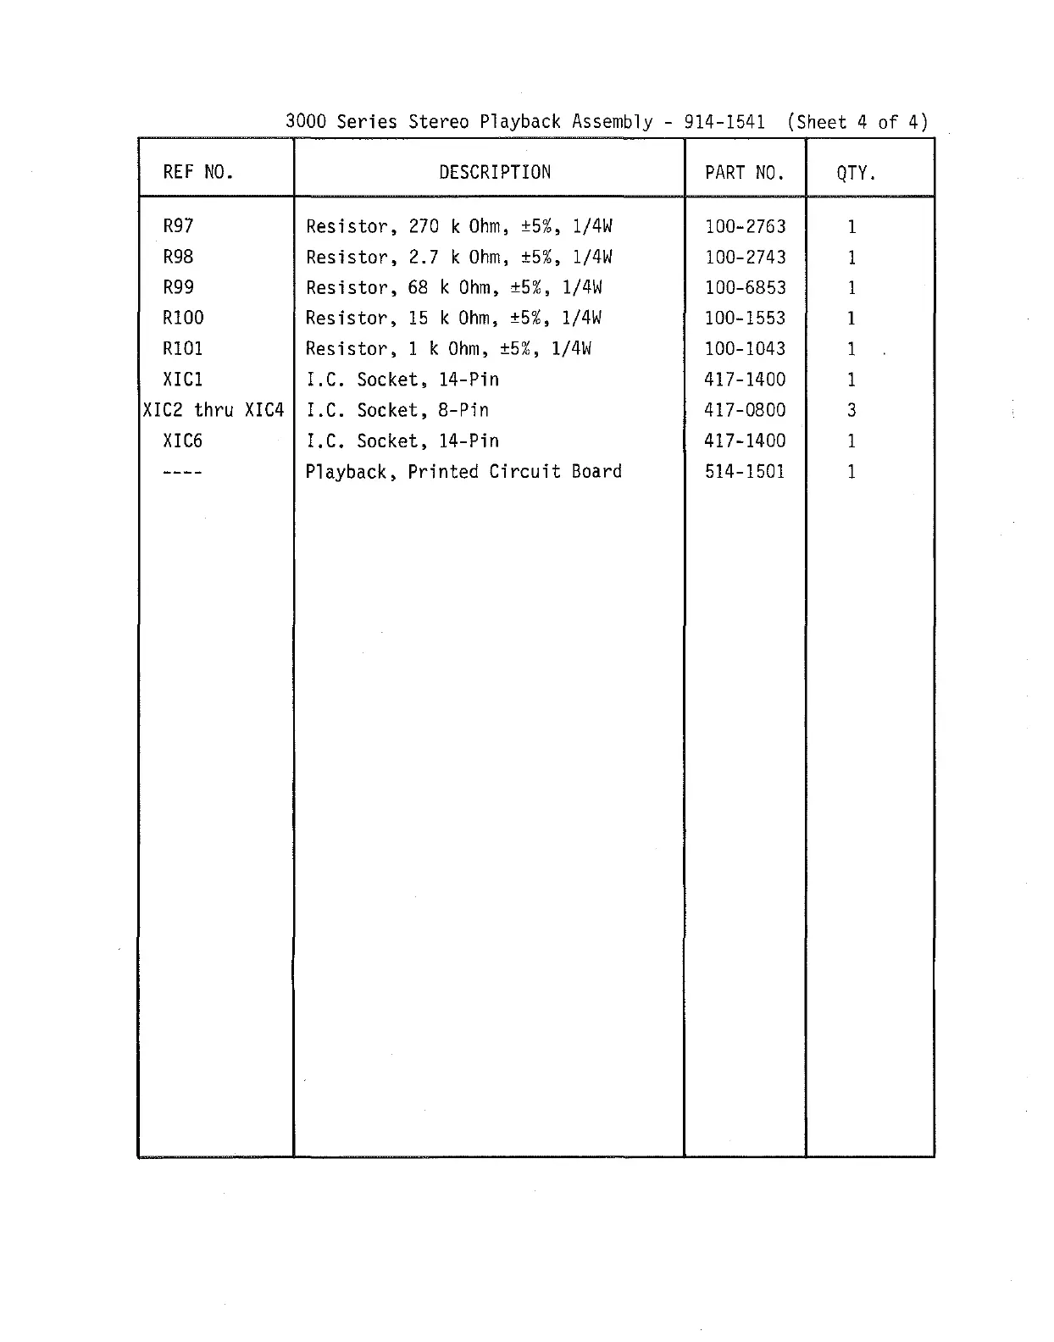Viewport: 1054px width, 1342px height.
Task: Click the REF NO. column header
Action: pyautogui.click(x=198, y=172)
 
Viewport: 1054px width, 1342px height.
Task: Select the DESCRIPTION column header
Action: pyautogui.click(x=495, y=172)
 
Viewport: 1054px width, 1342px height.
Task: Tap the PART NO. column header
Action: pyautogui.click(x=744, y=173)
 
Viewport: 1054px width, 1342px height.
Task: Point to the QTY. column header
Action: pyautogui.click(x=856, y=173)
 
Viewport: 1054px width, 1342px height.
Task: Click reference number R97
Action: pyautogui.click(x=178, y=226)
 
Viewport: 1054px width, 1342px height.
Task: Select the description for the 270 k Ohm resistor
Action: pyautogui.click(x=458, y=226)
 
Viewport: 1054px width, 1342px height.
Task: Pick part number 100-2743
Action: pyautogui.click(x=745, y=257)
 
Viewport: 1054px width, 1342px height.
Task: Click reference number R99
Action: pyautogui.click(x=178, y=287)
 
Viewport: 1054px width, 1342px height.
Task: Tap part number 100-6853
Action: pyautogui.click(x=745, y=287)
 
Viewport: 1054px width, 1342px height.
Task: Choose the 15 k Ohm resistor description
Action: pyautogui.click(x=453, y=318)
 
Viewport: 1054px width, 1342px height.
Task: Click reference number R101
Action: pyautogui.click(x=183, y=348)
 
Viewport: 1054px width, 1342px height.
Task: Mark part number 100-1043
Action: pyautogui.click(x=745, y=348)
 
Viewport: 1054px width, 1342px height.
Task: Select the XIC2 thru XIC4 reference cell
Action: pyautogui.click(x=214, y=410)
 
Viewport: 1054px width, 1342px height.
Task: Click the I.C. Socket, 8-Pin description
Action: pyautogui.click(x=397, y=410)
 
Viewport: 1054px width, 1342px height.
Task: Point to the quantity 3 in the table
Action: pyautogui.click(x=852, y=410)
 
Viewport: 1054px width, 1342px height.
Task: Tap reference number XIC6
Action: pyautogui.click(x=183, y=441)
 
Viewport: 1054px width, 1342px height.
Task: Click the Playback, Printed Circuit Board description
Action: pyautogui.click(x=463, y=471)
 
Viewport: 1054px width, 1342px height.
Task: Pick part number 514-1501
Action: pyautogui.click(x=745, y=471)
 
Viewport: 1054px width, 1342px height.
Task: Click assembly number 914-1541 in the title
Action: pyautogui.click(x=724, y=121)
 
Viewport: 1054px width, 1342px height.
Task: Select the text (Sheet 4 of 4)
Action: pyautogui.click(x=857, y=121)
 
